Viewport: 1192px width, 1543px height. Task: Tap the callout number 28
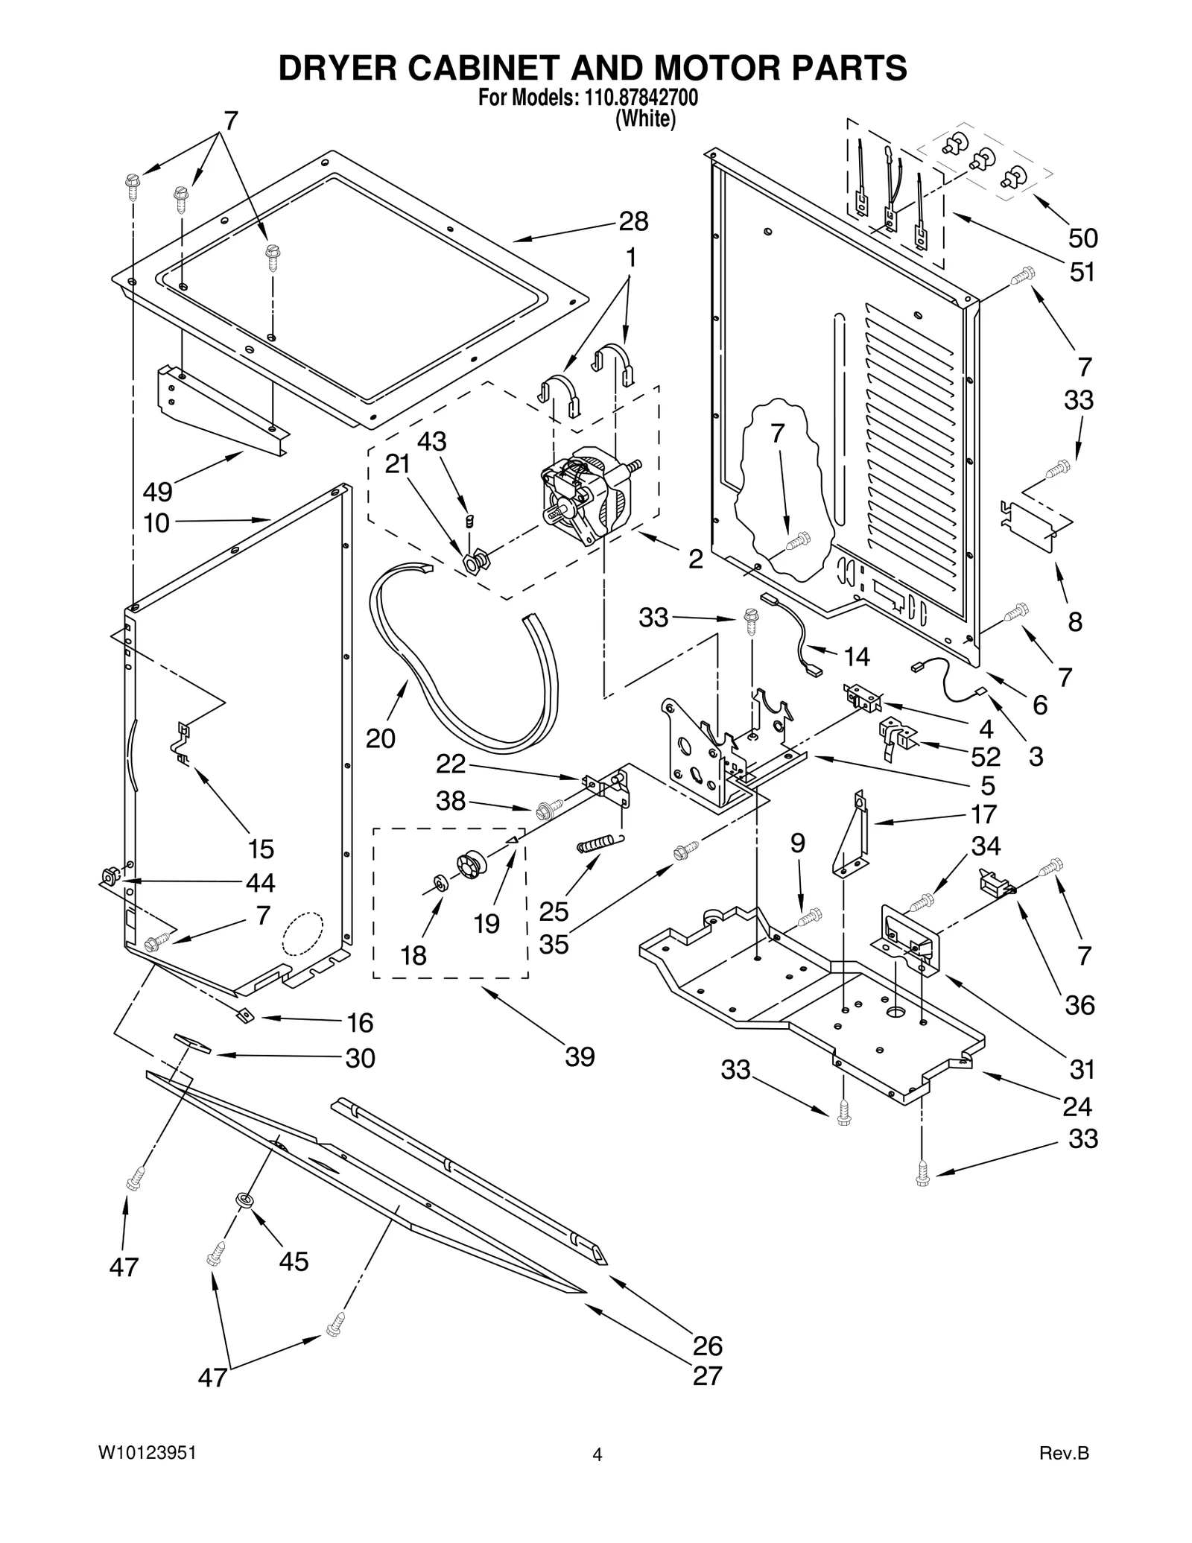pos(633,221)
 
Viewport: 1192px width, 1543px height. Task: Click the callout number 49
pos(157,492)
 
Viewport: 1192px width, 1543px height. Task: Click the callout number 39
pos(580,1056)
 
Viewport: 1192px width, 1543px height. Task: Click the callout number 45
pos(294,1261)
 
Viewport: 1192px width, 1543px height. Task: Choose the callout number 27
pos(707,1376)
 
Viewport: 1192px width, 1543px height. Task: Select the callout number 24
pos(1077,1107)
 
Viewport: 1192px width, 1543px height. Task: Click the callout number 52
pos(985,757)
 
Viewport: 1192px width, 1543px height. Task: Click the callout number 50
pos(1083,238)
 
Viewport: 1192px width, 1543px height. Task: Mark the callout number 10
pos(156,523)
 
